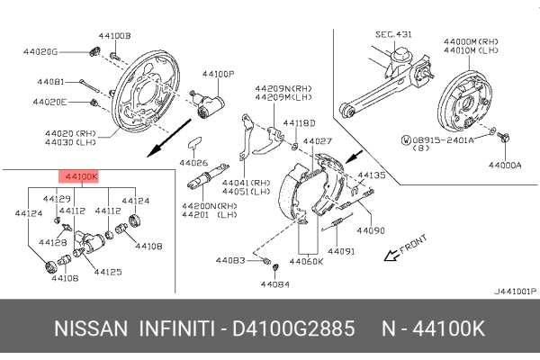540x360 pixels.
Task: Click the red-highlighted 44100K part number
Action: tap(80, 178)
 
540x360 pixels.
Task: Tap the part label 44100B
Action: tap(114, 35)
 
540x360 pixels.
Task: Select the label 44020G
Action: tap(41, 51)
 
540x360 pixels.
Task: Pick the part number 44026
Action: tap(193, 163)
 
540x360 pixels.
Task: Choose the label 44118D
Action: tap(299, 122)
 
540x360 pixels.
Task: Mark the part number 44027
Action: tap(317, 141)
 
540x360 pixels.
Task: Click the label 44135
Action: tap(371, 175)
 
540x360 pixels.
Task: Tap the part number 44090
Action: tap(371, 229)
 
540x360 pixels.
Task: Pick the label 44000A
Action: tap(505, 165)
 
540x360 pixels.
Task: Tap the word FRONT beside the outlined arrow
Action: tap(412, 245)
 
